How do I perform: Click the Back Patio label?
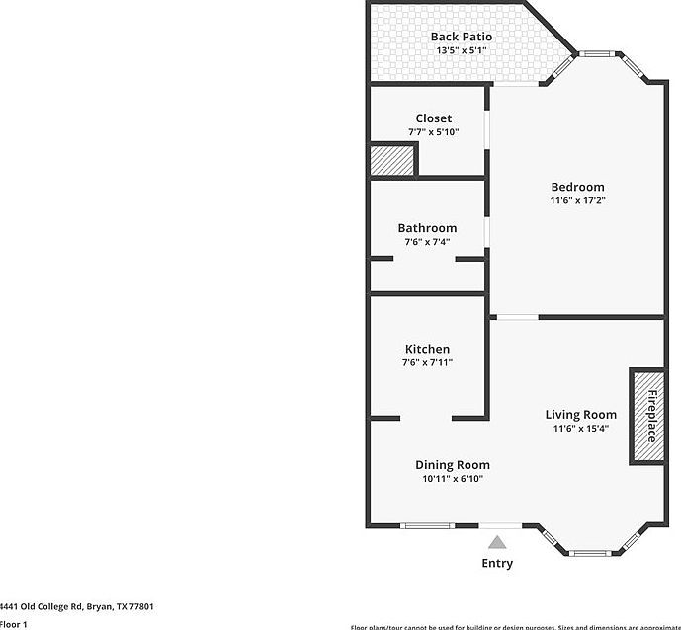[461, 37]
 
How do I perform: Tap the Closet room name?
[433, 118]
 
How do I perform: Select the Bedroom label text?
[577, 187]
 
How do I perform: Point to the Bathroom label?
[427, 228]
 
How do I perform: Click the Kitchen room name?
[427, 349]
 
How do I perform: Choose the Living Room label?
[580, 415]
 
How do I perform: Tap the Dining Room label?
[452, 465]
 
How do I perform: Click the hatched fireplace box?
[647, 415]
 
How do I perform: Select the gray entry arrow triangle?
[497, 541]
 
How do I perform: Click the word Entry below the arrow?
[497, 563]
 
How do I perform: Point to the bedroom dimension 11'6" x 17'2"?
[577, 200]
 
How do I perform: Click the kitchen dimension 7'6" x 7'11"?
[427, 362]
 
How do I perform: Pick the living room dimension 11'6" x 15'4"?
[580, 429]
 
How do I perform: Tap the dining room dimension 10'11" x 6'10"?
[452, 479]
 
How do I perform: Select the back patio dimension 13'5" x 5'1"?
[461, 50]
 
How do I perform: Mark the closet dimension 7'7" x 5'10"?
[433, 132]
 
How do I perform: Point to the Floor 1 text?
[14, 624]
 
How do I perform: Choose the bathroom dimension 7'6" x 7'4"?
[427, 242]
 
